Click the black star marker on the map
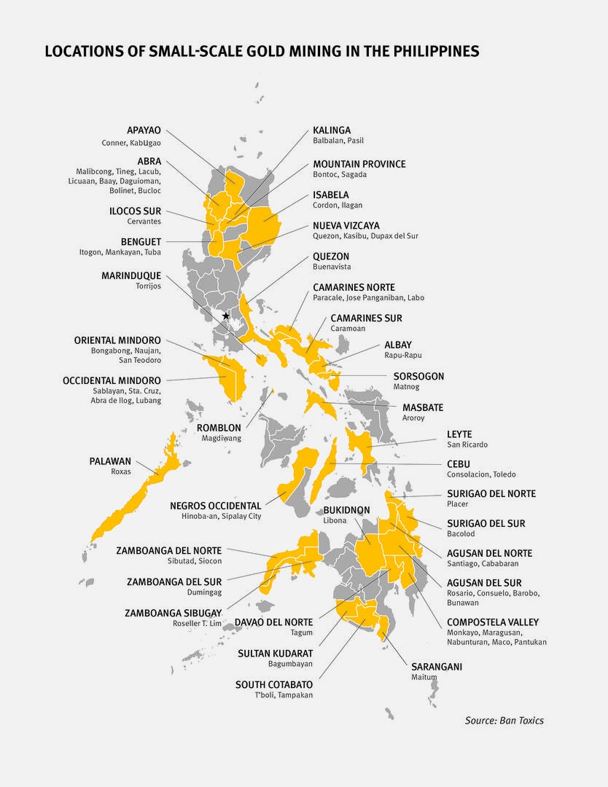click(226, 316)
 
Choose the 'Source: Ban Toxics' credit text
click(504, 721)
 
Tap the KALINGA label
click(332, 131)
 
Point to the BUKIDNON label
click(346, 510)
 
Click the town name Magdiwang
click(222, 439)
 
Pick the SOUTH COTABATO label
click(274, 685)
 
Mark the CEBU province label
click(459, 464)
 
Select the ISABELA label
click(331, 195)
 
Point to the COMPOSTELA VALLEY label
click(493, 622)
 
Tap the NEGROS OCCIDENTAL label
click(216, 506)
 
